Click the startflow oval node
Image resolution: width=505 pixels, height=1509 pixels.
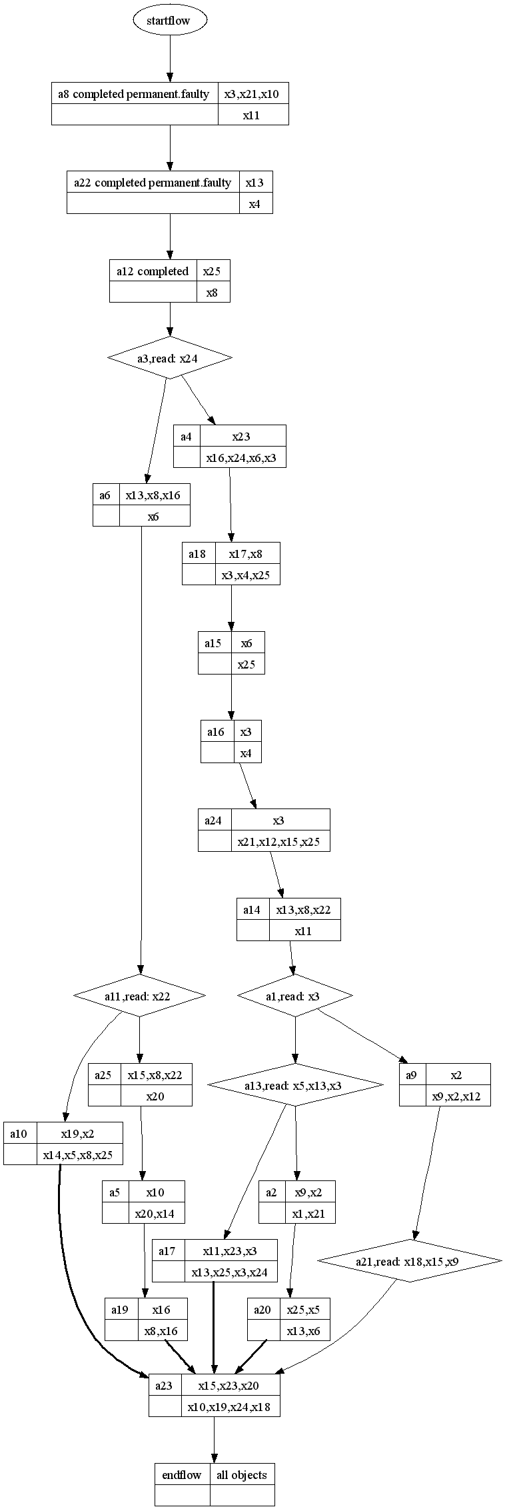(x=169, y=21)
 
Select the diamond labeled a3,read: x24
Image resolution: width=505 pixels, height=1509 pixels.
(x=169, y=358)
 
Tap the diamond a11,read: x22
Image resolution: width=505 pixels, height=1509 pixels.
(x=139, y=996)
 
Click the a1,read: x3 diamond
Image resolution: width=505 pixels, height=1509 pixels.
(x=295, y=996)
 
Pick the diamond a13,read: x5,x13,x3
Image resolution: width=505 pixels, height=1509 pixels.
(x=295, y=1085)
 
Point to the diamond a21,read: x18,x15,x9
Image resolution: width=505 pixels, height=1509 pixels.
(x=409, y=1261)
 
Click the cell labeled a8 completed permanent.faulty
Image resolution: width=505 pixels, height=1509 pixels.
(x=135, y=94)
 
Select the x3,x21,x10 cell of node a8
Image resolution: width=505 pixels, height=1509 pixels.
(x=253, y=94)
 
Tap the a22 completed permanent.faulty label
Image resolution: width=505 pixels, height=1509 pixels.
(x=153, y=183)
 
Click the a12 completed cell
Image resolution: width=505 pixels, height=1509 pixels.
(x=153, y=271)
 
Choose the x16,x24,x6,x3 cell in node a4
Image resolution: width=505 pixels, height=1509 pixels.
(x=243, y=458)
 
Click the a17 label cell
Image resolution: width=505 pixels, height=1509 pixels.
(x=167, y=1251)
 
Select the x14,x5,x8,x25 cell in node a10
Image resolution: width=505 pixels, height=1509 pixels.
(x=79, y=1155)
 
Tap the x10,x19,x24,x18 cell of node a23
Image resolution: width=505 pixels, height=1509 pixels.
(x=231, y=1407)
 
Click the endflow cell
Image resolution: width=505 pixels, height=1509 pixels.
(x=182, y=1474)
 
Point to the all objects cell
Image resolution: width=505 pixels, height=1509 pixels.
(x=242, y=1474)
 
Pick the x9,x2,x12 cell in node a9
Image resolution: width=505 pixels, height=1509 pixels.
(x=457, y=1096)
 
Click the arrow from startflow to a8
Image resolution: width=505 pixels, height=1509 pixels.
(x=169, y=60)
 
